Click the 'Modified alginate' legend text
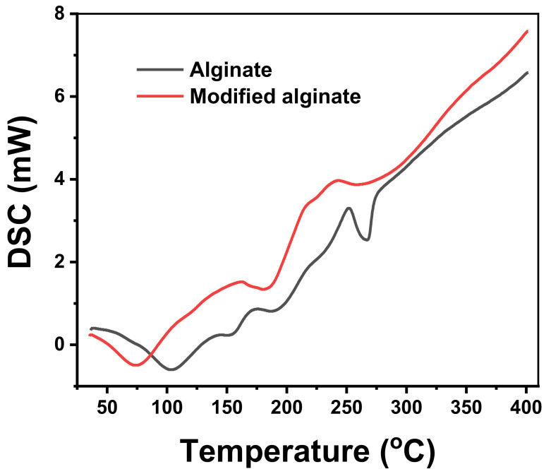click(275, 96)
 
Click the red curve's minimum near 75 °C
click(135, 365)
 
